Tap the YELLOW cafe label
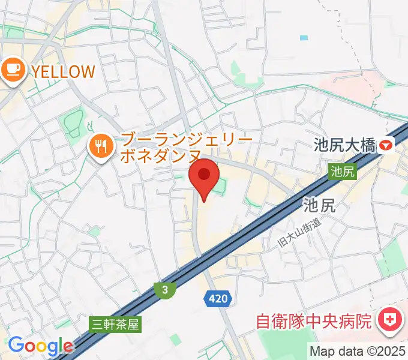click(63, 72)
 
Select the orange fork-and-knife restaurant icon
click(99, 146)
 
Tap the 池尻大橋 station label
click(344, 145)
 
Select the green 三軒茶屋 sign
click(115, 325)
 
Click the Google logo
click(40, 346)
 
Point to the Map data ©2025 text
click(358, 350)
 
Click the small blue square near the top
click(304, 37)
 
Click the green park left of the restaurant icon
click(72, 123)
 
